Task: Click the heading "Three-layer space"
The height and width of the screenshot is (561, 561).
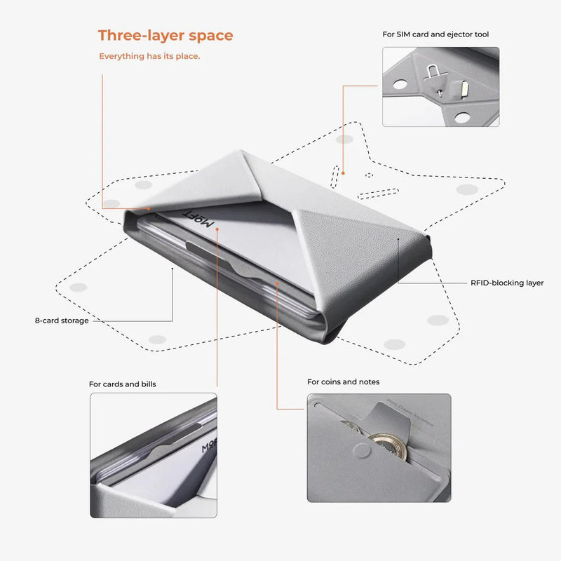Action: click(x=165, y=35)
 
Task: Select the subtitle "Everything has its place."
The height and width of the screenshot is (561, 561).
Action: click(x=149, y=56)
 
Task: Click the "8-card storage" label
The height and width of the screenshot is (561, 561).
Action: click(x=62, y=320)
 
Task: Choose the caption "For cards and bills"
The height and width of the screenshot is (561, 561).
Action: click(x=123, y=384)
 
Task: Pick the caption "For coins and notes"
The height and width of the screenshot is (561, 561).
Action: click(x=344, y=381)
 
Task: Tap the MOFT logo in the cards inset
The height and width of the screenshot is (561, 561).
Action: click(x=209, y=449)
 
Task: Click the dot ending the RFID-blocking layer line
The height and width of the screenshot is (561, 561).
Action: click(x=398, y=239)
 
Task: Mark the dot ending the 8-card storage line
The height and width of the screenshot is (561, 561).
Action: click(x=173, y=269)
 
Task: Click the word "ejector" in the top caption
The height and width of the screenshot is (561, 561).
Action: click(x=465, y=34)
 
